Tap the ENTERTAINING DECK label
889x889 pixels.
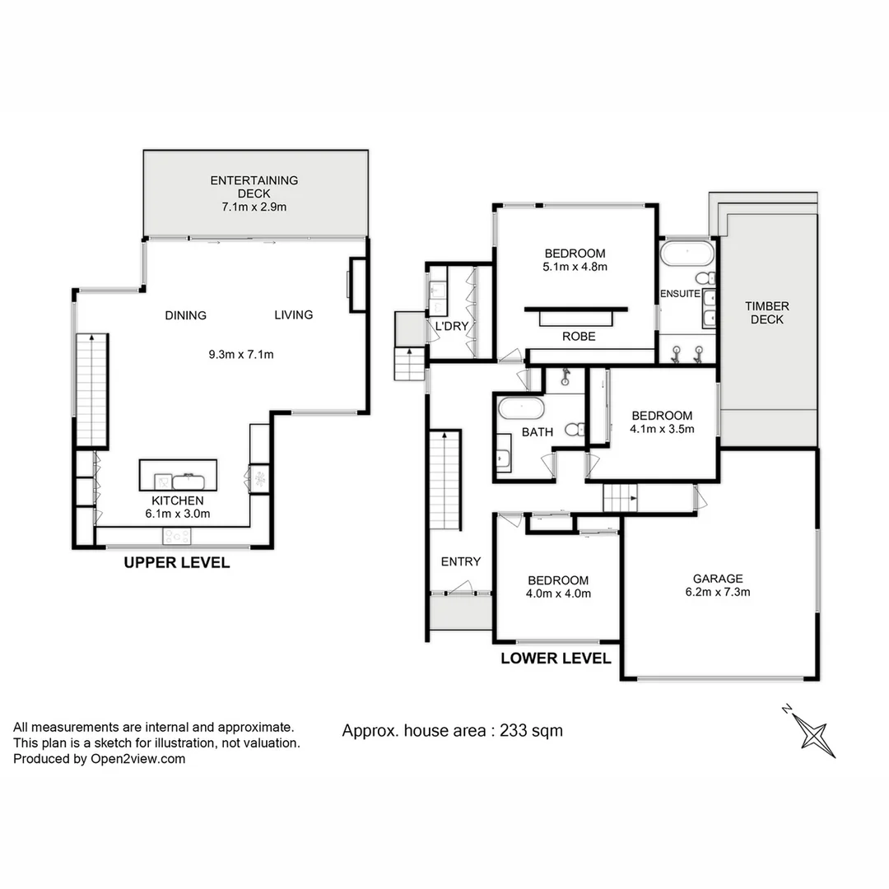[254, 193]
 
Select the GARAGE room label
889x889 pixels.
[717, 579]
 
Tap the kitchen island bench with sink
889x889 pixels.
[178, 476]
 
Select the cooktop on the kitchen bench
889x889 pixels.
[177, 536]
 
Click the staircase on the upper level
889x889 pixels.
[91, 390]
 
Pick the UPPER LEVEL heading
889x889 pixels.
[176, 564]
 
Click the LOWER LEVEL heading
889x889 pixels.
[556, 659]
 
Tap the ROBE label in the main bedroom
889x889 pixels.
[579, 337]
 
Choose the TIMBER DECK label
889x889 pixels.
[766, 313]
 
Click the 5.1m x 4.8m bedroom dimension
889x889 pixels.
[575, 267]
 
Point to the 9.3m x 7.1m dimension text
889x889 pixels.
[240, 356]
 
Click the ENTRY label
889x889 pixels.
[460, 561]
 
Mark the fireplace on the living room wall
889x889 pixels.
[356, 285]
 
